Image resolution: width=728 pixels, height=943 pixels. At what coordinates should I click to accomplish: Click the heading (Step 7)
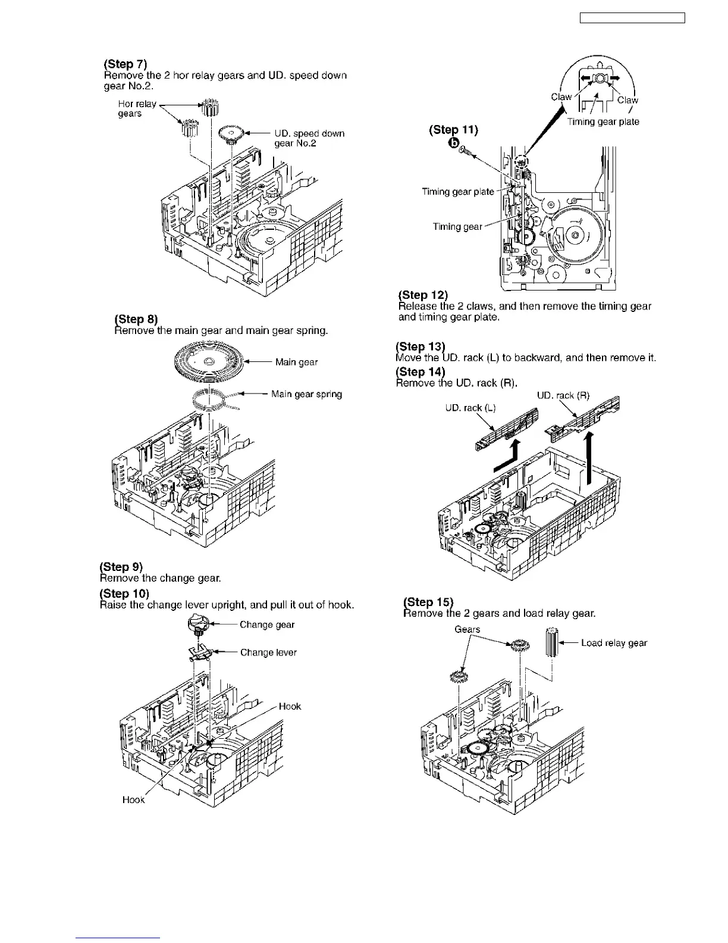click(x=125, y=64)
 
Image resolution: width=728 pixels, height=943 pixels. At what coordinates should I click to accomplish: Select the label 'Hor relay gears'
click(x=137, y=108)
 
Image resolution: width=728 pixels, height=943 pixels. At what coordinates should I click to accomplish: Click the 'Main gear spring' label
click(x=306, y=394)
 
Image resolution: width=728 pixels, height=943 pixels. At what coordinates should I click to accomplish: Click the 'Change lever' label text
click(x=268, y=652)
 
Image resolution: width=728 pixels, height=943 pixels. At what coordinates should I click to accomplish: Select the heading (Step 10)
click(x=124, y=594)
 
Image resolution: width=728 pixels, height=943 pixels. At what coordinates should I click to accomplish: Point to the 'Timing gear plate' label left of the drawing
click(x=457, y=191)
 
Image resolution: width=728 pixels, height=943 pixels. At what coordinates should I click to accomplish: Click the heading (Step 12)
click(x=423, y=295)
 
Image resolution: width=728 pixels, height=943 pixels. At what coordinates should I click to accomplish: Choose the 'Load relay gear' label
click(x=614, y=643)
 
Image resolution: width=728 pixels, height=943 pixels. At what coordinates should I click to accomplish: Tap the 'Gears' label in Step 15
click(x=467, y=629)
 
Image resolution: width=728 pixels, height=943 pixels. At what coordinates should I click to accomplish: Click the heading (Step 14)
click(x=421, y=372)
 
